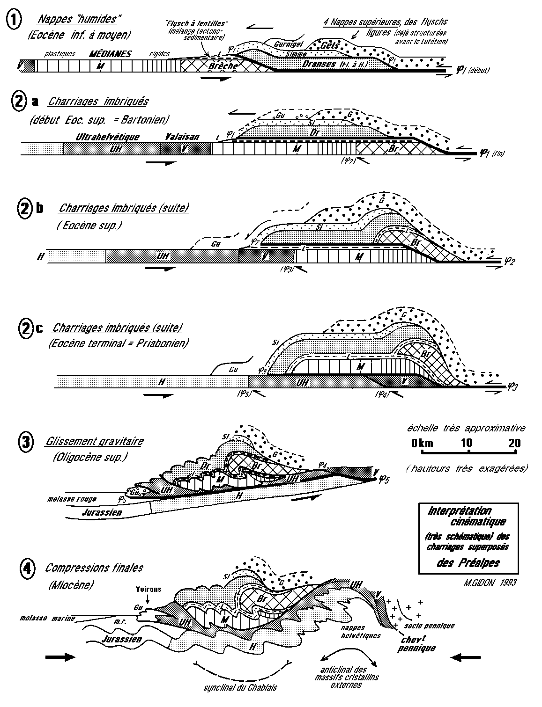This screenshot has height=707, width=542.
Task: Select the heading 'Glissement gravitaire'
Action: (x=95, y=441)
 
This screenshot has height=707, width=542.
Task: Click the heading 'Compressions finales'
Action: (x=94, y=568)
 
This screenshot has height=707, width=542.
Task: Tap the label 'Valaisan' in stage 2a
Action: (x=182, y=137)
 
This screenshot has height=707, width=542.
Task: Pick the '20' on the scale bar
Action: (x=514, y=443)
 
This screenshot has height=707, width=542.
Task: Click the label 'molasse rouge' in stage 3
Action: (x=68, y=499)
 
